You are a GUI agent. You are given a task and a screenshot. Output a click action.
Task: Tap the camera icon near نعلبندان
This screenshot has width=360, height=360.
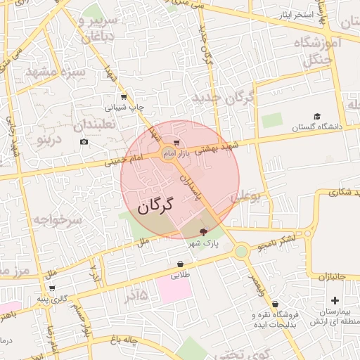click(x=84, y=142)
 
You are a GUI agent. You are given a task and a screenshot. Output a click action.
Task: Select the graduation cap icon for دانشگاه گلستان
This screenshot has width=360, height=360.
click(x=317, y=117)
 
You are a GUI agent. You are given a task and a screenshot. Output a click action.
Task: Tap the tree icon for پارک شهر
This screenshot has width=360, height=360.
click(x=204, y=231)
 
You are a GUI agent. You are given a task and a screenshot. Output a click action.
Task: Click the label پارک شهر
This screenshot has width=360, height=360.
click(x=203, y=243)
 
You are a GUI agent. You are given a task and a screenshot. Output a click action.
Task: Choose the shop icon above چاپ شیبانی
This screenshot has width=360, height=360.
click(x=124, y=97)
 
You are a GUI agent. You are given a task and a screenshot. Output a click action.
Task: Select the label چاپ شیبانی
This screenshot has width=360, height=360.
click(x=124, y=108)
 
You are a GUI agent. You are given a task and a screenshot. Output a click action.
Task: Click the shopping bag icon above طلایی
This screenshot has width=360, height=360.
click(x=181, y=265)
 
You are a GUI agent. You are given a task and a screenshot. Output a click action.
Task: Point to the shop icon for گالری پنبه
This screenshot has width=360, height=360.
click(x=51, y=288)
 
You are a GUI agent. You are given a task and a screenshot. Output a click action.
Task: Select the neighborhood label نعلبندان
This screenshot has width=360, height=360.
click(x=98, y=126)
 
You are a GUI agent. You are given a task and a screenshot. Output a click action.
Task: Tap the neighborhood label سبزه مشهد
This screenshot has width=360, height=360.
click(x=56, y=72)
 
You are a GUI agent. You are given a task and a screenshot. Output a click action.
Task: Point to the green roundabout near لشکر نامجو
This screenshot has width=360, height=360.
click(x=241, y=251)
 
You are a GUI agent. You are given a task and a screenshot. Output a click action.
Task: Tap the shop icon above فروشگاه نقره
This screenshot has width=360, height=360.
click(x=275, y=304)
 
